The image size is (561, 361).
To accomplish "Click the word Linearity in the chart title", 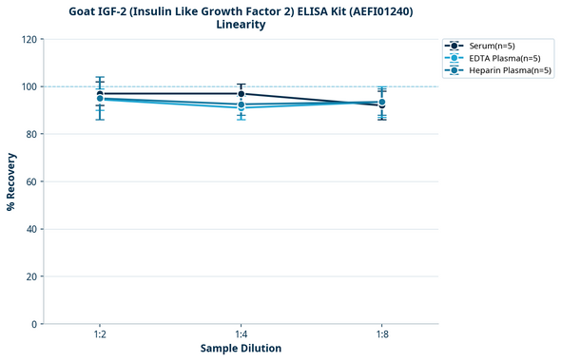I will [x=241, y=25].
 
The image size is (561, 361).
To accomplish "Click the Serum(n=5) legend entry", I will [x=493, y=46].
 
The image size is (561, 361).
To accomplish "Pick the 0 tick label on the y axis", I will [x=33, y=324].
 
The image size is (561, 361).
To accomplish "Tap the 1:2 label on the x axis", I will [x=100, y=334].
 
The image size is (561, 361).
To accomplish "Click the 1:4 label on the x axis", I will [x=241, y=334].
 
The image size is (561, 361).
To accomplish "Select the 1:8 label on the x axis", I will [x=381, y=334].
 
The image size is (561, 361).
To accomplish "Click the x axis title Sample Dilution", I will [x=241, y=349].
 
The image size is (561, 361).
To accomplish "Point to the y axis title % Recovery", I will [x=11, y=181].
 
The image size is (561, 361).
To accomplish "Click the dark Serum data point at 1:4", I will [x=241, y=94].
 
